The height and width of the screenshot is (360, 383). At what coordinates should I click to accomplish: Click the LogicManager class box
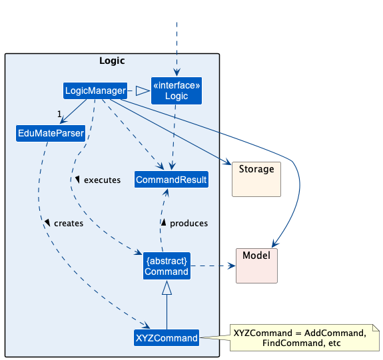tap(95, 90)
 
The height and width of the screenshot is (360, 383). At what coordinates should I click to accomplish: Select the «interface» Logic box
tap(177, 90)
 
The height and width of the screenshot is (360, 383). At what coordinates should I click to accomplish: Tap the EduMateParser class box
tap(51, 133)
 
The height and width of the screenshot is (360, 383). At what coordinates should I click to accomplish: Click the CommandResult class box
tap(171, 180)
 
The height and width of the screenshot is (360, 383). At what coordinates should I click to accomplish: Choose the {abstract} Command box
tap(167, 266)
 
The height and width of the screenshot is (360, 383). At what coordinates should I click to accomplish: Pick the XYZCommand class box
tap(167, 338)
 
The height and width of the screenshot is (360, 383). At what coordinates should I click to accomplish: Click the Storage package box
tap(256, 179)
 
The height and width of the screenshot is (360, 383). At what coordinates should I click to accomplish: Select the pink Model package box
tap(256, 266)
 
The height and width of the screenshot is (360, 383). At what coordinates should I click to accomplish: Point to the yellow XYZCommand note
tap(304, 338)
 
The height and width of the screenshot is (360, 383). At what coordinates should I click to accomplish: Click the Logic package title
tap(112, 61)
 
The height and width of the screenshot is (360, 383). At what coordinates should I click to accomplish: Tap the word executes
tap(102, 180)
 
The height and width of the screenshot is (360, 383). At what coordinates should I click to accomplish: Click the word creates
tap(69, 224)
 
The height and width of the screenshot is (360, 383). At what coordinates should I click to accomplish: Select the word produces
tap(189, 224)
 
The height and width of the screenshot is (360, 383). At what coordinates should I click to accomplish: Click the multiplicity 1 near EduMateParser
tap(59, 114)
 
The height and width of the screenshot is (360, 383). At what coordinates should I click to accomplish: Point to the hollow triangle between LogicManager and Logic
tap(143, 90)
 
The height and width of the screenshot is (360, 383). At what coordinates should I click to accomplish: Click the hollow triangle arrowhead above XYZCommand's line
tap(167, 287)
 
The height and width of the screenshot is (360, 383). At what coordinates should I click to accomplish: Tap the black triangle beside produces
tap(164, 222)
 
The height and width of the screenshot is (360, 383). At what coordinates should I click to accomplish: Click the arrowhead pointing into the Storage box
tap(228, 162)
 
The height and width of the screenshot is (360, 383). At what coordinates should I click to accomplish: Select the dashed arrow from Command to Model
tap(213, 266)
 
